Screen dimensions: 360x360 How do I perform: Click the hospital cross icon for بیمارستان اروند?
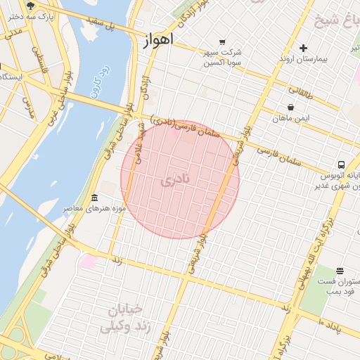tap(303, 49)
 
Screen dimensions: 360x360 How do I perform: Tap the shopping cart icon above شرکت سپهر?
tap(223, 41)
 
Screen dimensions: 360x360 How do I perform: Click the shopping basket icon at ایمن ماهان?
tap(290, 108)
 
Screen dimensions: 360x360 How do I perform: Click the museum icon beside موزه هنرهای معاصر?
tap(95, 198)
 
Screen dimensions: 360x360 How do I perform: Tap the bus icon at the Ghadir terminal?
tap(340, 164)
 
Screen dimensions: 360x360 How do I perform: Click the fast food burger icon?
tap(340, 271)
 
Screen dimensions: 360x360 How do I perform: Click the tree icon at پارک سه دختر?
tap(30, 4)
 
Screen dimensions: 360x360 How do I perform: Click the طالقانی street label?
tap(302, 89)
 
